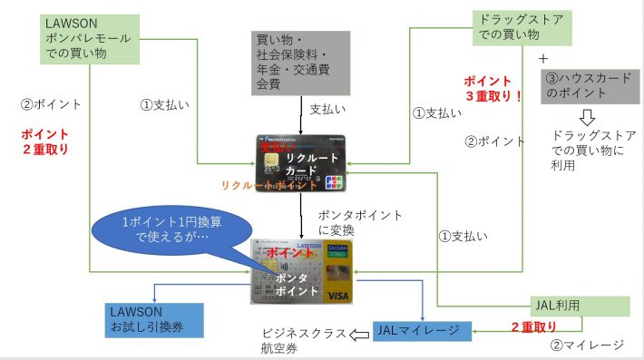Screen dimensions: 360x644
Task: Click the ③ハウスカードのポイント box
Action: click(x=587, y=86)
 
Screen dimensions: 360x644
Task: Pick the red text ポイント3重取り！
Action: click(x=493, y=87)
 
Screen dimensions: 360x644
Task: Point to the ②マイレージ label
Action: click(x=588, y=345)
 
